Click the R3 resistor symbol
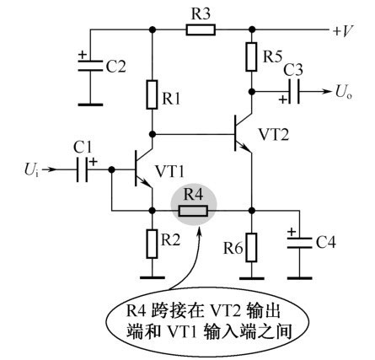201,30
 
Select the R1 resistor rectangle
152,94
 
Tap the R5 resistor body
251,56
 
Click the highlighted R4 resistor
194,211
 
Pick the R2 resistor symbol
152,244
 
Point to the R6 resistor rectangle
251,248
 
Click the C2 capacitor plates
90,66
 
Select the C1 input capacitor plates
82,169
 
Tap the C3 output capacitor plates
294,91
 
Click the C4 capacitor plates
299,243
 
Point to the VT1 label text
169,171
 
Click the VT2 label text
273,134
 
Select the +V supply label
343,30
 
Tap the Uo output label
343,92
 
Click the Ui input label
32,170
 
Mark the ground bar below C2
90,105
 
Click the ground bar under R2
152,277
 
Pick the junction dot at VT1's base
111,169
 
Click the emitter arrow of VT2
245,148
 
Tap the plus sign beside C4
292,232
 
